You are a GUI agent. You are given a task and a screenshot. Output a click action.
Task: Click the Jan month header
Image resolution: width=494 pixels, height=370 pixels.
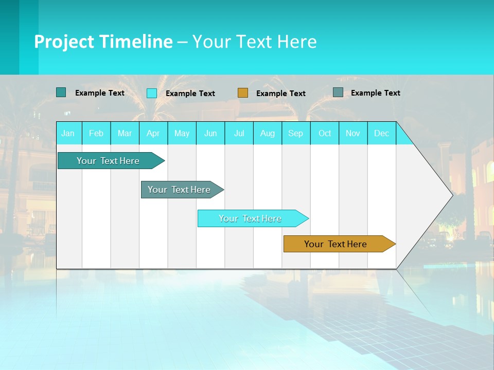tap(68, 133)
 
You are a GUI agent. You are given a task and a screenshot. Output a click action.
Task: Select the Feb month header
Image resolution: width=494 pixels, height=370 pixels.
tap(96, 133)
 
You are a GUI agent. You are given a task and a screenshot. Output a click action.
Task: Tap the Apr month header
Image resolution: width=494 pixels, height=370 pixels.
tap(153, 133)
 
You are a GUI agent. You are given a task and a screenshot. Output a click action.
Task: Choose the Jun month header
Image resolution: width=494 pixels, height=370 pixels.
tap(210, 133)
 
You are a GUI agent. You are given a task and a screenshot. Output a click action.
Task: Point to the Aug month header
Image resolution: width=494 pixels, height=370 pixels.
tap(268, 133)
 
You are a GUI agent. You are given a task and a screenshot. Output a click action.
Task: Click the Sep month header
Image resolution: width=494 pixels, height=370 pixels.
tap(296, 133)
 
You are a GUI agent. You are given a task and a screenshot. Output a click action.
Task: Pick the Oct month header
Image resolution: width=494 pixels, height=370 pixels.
tap(325, 133)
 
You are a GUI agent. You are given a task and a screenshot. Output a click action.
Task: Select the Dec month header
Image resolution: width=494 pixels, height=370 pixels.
tap(382, 133)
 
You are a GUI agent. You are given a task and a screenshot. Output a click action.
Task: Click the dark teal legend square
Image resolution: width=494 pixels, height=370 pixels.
tap(61, 92)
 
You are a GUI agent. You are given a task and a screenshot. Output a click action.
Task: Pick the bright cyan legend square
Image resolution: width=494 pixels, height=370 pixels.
tap(152, 93)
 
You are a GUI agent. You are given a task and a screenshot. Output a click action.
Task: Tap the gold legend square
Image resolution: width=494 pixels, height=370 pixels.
tap(243, 93)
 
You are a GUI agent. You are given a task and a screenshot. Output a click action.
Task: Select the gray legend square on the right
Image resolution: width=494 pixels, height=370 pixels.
tap(338, 92)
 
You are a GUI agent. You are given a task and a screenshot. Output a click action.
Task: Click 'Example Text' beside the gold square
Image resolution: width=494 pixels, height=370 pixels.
tap(281, 94)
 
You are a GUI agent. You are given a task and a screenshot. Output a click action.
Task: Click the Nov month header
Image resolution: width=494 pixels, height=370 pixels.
tap(353, 133)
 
